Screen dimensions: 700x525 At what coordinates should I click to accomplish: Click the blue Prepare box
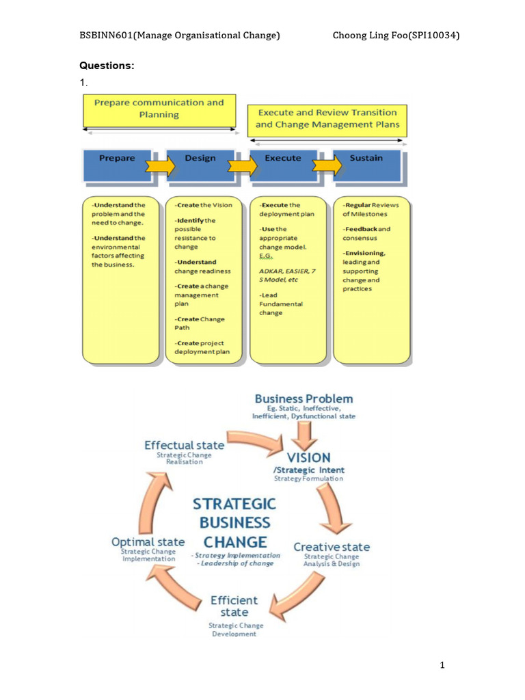pos(117,161)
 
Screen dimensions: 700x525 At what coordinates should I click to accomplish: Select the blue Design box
pos(200,161)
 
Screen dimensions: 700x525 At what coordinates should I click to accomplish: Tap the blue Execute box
pos(283,161)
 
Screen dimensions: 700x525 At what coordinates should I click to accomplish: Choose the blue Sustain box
pos(366,161)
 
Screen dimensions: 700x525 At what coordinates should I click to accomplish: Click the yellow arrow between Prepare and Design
pos(160,165)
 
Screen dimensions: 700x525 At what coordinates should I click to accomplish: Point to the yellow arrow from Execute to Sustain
pos(327,165)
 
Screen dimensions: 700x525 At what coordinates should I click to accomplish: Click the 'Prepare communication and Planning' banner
pos(159,109)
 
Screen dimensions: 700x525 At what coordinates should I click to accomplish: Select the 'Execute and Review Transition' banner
pos(327,118)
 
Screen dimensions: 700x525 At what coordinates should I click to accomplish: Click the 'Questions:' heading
pos(107,66)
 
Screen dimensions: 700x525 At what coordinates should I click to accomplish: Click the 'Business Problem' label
pos(304,399)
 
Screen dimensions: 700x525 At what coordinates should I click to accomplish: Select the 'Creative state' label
pos(332,547)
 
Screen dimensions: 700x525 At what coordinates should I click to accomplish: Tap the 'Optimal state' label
pos(148,542)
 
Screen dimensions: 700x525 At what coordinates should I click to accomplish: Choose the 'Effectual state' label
pos(184,445)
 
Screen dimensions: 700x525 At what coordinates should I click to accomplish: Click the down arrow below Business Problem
pos(304,433)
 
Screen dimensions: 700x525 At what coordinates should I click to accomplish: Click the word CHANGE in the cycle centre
pos(234,542)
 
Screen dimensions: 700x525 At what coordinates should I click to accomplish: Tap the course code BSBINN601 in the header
pos(102,36)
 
